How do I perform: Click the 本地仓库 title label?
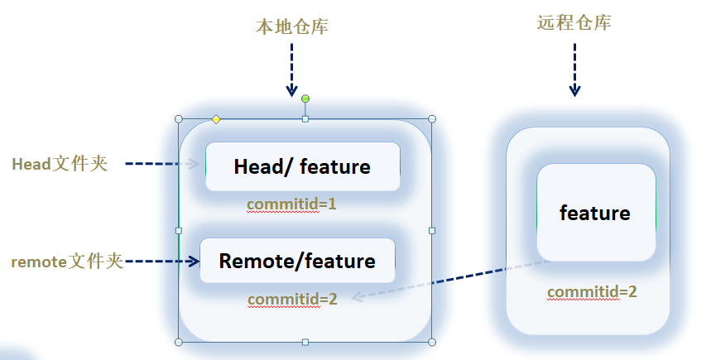tap(291, 26)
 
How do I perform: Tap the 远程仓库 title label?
tap(574, 23)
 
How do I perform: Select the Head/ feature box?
tap(302, 167)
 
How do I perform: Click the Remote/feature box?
tap(297, 262)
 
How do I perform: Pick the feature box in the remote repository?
tap(595, 213)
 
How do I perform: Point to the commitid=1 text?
tap(292, 204)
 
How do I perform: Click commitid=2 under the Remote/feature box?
tap(292, 299)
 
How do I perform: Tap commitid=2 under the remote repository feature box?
tap(592, 291)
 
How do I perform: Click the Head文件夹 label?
tap(60, 163)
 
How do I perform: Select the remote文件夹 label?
tap(67, 262)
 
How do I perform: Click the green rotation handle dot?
tap(305, 99)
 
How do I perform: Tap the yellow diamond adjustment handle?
tap(216, 119)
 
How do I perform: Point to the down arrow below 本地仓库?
tap(291, 70)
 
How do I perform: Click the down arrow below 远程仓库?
tap(574, 70)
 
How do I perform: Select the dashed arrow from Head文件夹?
tap(161, 164)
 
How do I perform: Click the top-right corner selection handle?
tap(431, 119)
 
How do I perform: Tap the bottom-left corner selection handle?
tap(179, 341)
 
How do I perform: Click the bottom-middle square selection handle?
tap(305, 341)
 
